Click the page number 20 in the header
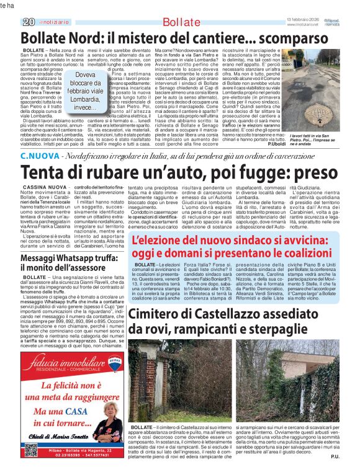29,22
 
